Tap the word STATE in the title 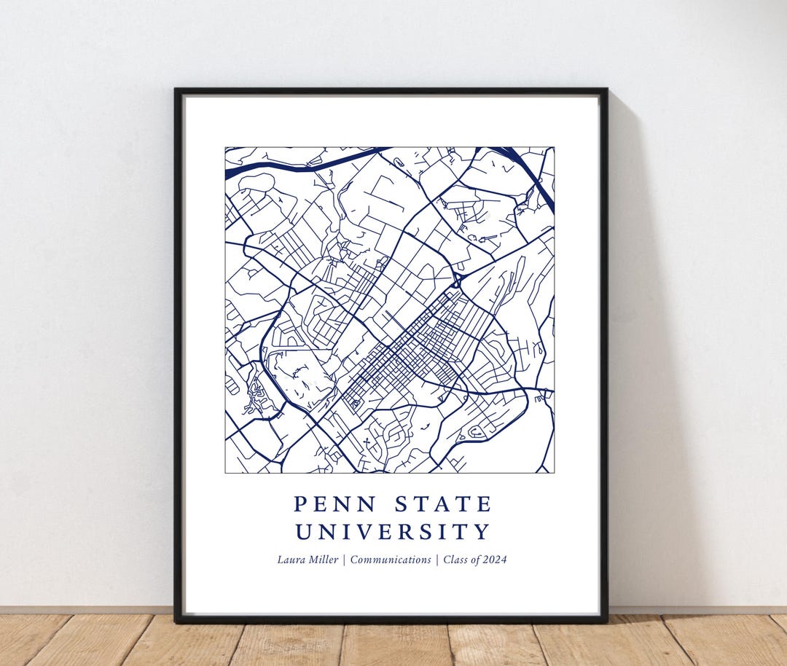pyautogui.click(x=443, y=504)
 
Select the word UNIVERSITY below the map pyautogui.click(x=393, y=532)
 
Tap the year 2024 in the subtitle pyautogui.click(x=494, y=560)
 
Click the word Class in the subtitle pyautogui.click(x=455, y=560)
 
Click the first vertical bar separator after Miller pyautogui.click(x=343, y=560)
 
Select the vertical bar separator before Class pyautogui.click(x=436, y=560)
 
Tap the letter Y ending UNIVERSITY pyautogui.click(x=482, y=532)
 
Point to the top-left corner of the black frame pyautogui.click(x=176, y=90)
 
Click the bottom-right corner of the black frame pyautogui.click(x=606, y=622)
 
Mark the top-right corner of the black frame pyautogui.click(x=606, y=90)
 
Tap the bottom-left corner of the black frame pyautogui.click(x=176, y=622)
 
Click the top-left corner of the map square pyautogui.click(x=226, y=148)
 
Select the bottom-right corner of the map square pyautogui.click(x=554, y=472)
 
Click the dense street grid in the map pyautogui.click(x=423, y=350)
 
